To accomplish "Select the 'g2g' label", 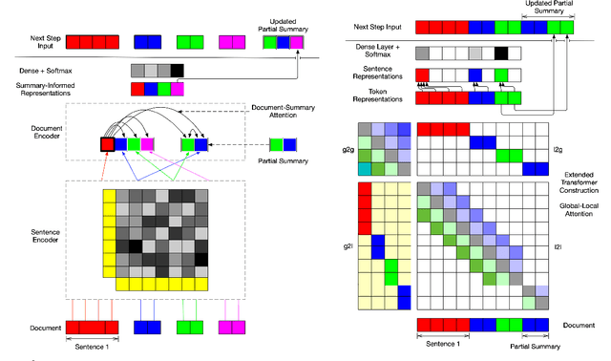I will (335, 150).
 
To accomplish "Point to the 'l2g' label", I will (558, 150).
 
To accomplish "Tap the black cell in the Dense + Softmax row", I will (177, 70).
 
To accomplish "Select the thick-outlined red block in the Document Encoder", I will (106, 144).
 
